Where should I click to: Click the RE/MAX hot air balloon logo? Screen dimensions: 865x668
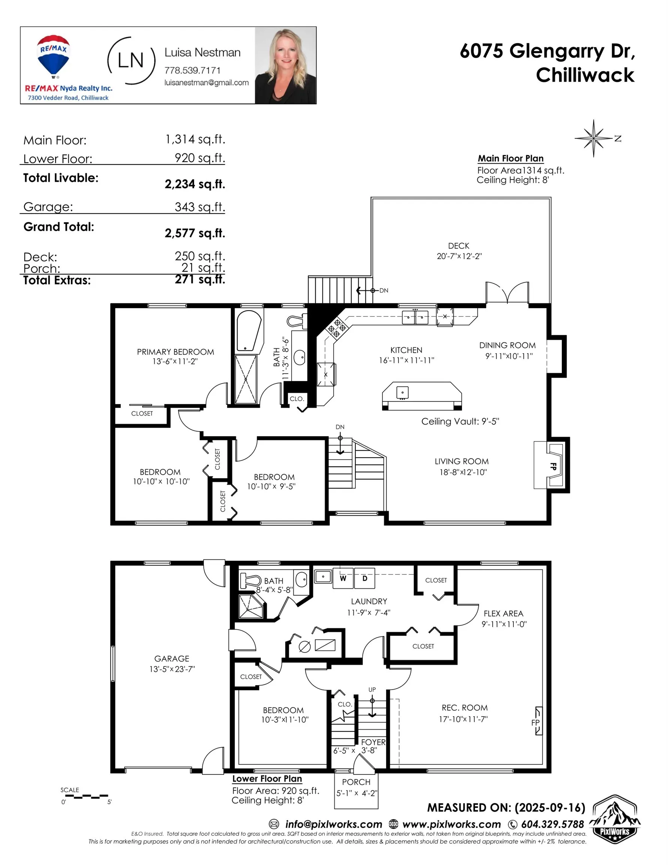53,56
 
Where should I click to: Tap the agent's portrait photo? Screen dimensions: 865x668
285,65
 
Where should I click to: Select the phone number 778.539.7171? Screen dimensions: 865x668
193,71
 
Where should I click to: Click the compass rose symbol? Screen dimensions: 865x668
593,138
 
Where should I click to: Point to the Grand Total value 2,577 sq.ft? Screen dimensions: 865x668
195,233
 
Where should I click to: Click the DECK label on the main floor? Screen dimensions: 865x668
459,246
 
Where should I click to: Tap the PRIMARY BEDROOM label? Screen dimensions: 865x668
175,352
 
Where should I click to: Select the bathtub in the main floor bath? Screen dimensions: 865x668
248,332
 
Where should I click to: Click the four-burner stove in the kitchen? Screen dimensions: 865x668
337,329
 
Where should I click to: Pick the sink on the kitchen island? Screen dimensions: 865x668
402,392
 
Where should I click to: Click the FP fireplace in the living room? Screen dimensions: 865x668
554,466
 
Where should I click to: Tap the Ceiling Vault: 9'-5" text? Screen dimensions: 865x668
460,421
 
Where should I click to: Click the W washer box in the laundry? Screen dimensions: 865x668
343,579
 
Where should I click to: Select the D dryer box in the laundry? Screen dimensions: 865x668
365,579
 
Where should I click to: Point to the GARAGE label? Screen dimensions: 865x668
172,659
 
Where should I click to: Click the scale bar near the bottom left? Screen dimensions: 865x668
84,796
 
